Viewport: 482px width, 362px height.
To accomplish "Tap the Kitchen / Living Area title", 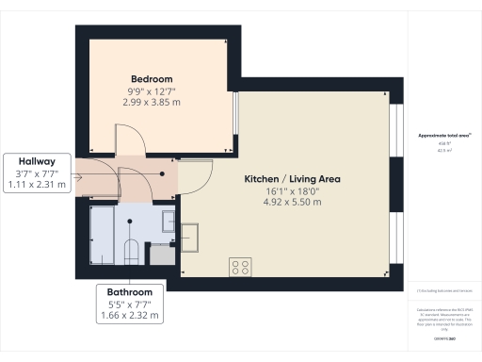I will tap(292, 178).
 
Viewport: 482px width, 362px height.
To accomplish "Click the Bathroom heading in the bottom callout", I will tap(129, 292).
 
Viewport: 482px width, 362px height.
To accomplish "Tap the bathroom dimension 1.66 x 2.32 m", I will tap(129, 316).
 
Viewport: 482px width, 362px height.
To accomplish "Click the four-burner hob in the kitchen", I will tap(237, 267).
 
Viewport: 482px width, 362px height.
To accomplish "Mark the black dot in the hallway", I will tap(161, 173).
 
